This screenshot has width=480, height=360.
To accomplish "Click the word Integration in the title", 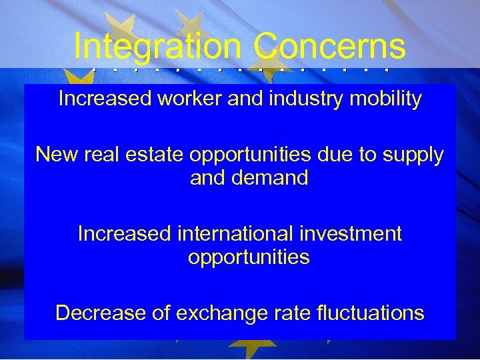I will tap(158, 47).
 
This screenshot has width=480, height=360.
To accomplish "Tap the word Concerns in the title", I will tap(329, 47).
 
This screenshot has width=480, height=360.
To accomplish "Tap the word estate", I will tap(157, 155).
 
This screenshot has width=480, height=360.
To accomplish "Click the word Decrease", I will tap(101, 313).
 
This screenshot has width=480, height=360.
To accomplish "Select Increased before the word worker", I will tap(105, 99).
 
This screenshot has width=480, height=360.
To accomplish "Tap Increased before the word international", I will tap(125, 234).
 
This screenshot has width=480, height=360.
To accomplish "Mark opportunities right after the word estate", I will tap(250, 155).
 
